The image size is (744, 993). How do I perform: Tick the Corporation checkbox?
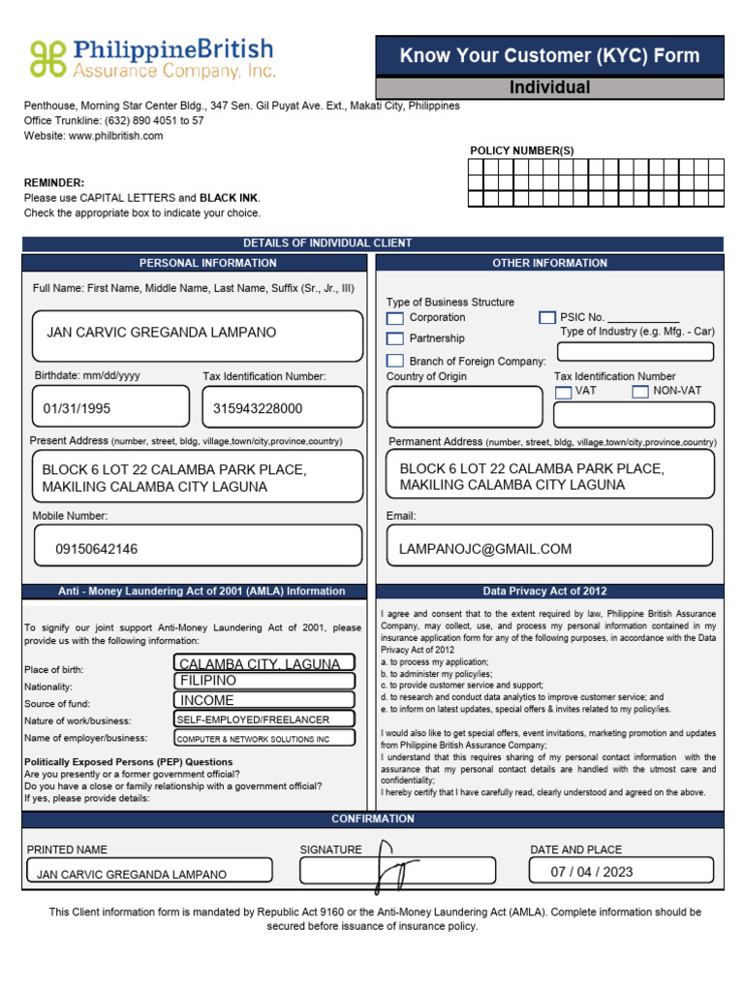coord(395,318)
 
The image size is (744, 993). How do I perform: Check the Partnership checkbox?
coord(395,338)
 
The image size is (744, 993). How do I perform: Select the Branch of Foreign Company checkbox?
coord(395,361)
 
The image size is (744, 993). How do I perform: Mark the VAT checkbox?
coord(563,392)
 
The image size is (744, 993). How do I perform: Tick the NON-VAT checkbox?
coord(639,392)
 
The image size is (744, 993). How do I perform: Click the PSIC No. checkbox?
coord(547,317)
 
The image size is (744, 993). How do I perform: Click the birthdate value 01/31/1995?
coord(77,408)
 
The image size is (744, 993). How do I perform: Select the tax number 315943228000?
coord(258,408)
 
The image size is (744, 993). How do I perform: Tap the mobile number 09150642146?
coord(97,549)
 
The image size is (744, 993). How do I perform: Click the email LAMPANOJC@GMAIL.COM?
coord(485,549)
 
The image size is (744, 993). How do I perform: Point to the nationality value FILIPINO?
coord(208,681)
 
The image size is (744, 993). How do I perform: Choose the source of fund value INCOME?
coord(207,700)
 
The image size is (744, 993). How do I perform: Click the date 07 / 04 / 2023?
coord(591,871)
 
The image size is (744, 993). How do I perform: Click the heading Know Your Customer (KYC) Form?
coord(549,55)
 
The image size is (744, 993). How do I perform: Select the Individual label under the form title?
coord(549,88)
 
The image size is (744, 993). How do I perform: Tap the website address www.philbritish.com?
coord(115,136)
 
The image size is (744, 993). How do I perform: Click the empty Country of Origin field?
coord(464,406)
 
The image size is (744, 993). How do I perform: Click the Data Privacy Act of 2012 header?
coord(549,591)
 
